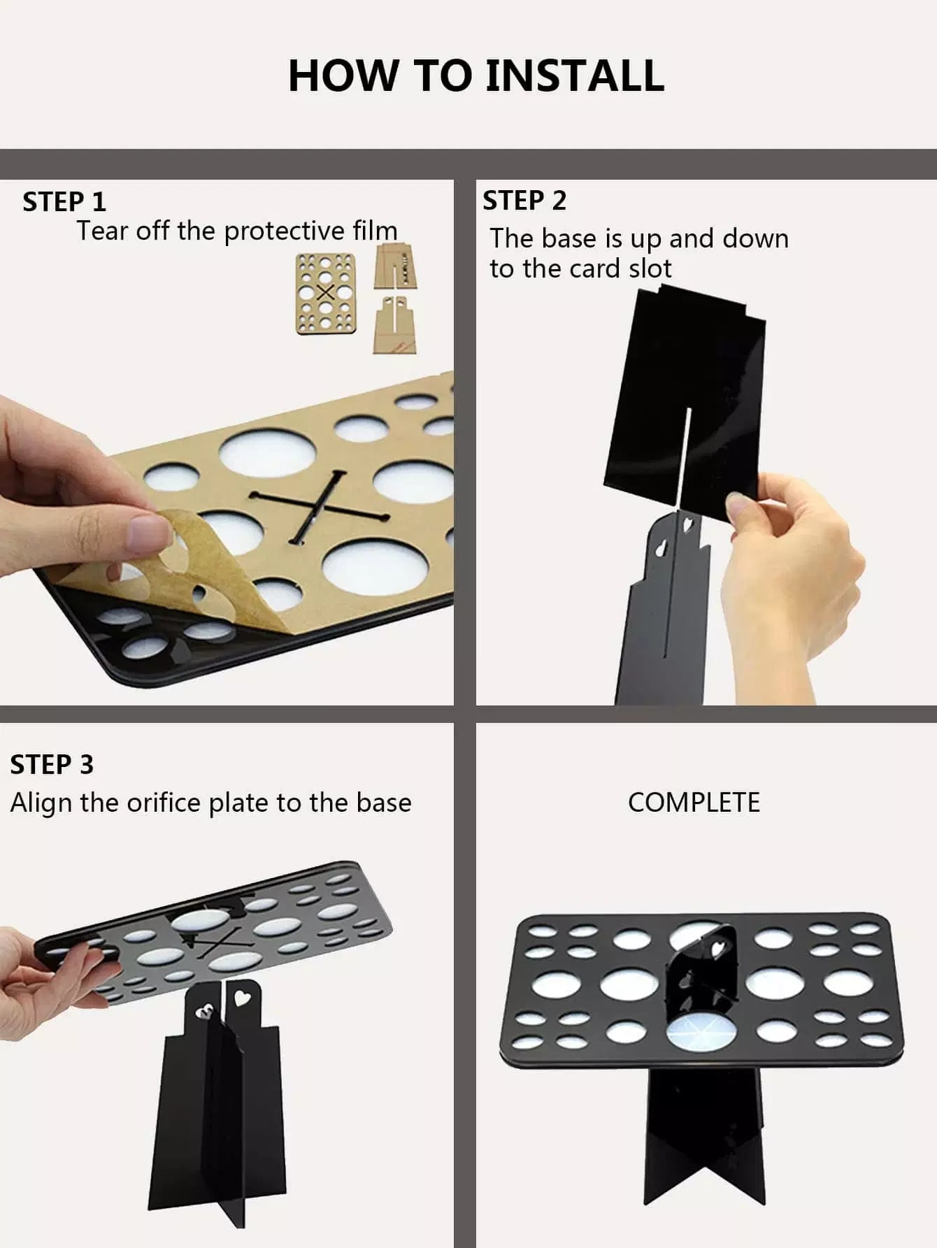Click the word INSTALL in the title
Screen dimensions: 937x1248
(574, 76)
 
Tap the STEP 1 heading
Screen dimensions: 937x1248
(64, 202)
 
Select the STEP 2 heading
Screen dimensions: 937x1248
(524, 201)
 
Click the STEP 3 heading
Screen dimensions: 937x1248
(52, 765)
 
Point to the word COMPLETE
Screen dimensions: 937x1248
(694, 803)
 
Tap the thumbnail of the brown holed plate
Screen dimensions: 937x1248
(325, 293)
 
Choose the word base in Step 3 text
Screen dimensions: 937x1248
(383, 803)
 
